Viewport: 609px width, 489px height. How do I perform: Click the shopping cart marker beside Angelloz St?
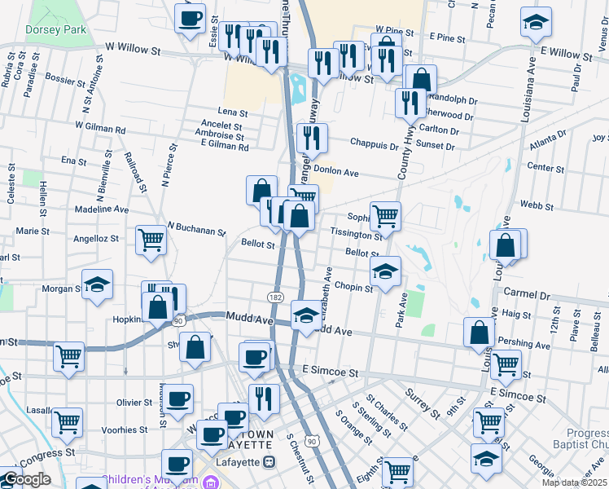pos(151,240)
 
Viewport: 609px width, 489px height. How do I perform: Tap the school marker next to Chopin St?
pos(386,271)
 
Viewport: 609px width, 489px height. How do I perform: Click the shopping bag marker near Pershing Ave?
pos(479,332)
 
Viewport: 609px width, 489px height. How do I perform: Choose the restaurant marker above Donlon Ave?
pos(311,138)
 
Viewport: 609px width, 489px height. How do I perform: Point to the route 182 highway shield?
pos(276,298)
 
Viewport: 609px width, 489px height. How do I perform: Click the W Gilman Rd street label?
pos(100,128)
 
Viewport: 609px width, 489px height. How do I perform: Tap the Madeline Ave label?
pos(101,209)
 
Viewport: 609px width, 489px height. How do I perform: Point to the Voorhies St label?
pos(126,430)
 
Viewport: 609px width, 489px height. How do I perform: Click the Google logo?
pos(26,479)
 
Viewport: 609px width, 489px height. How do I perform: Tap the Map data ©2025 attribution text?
pos(575,482)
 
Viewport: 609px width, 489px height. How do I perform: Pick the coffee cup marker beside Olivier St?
pos(179,399)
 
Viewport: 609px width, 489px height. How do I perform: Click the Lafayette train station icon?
pos(270,461)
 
